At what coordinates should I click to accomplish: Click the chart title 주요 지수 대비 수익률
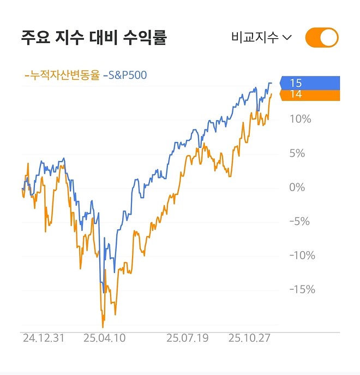point(93,38)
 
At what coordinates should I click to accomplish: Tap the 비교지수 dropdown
point(261,38)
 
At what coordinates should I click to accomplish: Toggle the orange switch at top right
point(322,38)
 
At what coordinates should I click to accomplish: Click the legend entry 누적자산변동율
point(62,75)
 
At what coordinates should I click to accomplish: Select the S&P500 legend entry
point(125,75)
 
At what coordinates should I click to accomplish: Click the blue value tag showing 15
point(309,83)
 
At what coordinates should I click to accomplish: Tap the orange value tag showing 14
point(309,94)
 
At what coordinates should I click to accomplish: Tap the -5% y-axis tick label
point(299,222)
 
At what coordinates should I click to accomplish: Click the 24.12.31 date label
point(44,338)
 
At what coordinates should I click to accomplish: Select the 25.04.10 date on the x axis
point(104,338)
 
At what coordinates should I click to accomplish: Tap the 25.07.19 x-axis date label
point(188,338)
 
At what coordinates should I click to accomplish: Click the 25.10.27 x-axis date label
point(250,338)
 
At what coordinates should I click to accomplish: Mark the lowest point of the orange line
point(103,326)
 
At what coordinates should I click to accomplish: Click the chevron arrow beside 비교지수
point(287,38)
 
